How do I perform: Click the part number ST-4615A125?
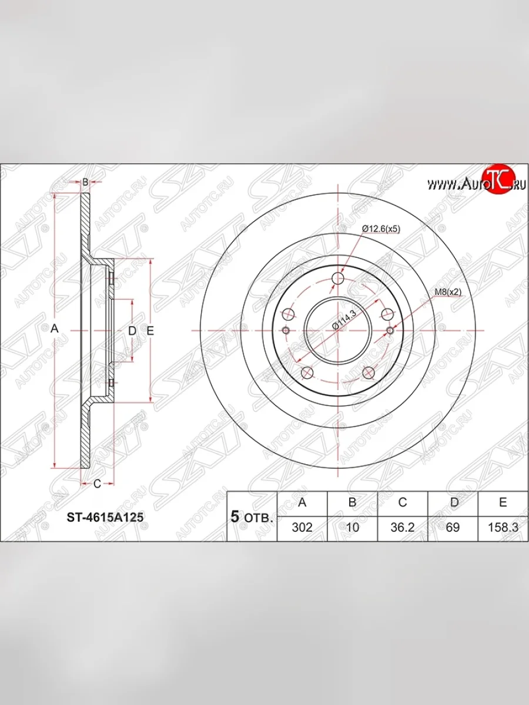click(x=105, y=517)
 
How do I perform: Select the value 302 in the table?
click(x=302, y=527)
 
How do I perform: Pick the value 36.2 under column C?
click(x=402, y=527)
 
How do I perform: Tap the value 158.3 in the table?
click(x=503, y=527)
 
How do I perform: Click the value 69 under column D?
click(x=453, y=527)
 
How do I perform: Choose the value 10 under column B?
click(x=352, y=527)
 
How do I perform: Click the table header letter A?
click(x=302, y=502)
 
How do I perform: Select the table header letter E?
click(x=503, y=502)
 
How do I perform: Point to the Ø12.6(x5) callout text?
click(x=381, y=229)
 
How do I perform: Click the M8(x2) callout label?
click(x=448, y=292)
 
